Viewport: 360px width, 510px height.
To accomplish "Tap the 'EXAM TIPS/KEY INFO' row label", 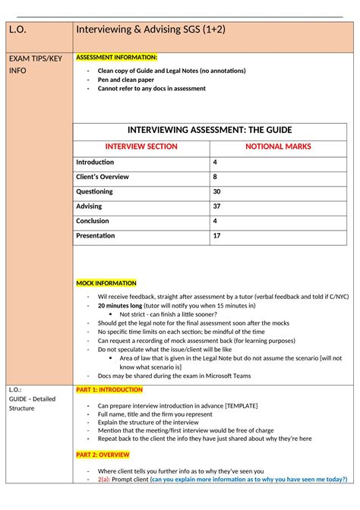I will tap(35, 64).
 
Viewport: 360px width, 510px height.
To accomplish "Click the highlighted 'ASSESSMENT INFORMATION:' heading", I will tap(116, 58).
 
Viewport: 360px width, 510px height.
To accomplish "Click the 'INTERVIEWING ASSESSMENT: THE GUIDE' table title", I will tap(210, 130).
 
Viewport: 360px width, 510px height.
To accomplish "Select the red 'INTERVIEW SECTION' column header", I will tap(141, 146).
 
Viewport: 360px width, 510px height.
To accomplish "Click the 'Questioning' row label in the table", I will tap(94, 192).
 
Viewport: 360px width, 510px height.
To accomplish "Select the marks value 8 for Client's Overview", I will tap(216, 177).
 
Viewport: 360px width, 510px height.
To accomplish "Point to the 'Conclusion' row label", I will tap(93, 221).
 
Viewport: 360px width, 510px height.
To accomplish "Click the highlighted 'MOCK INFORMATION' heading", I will tap(106, 283).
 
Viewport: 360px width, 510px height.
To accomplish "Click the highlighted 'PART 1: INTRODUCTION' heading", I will tap(109, 389).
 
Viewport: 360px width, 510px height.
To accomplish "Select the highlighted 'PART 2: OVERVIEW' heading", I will tap(103, 455).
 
